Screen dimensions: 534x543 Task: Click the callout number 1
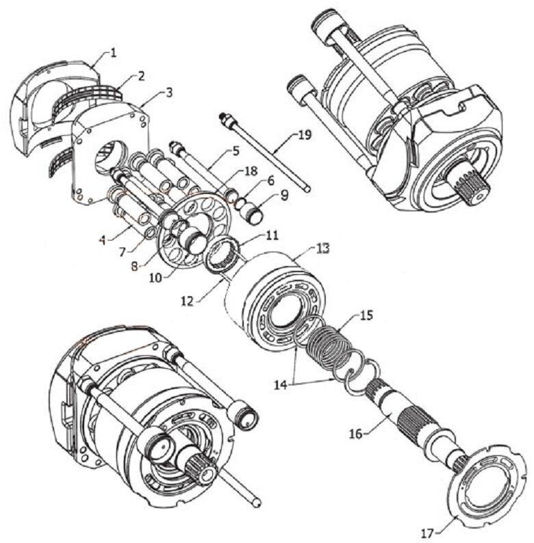pos(114,53)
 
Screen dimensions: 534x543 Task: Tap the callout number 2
pos(141,76)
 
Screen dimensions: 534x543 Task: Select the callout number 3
pos(169,93)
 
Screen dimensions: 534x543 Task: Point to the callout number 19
pos(304,134)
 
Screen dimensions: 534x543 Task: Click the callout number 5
pos(236,152)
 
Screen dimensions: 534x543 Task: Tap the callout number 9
pos(284,195)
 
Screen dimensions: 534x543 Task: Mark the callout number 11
pos(272,235)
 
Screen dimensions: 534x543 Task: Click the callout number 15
pos(366,315)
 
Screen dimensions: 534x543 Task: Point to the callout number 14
pos(281,385)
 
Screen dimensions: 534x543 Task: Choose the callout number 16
pos(355,433)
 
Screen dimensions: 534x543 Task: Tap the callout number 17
pos(429,533)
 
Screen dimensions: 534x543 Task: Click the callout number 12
pos(188,301)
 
